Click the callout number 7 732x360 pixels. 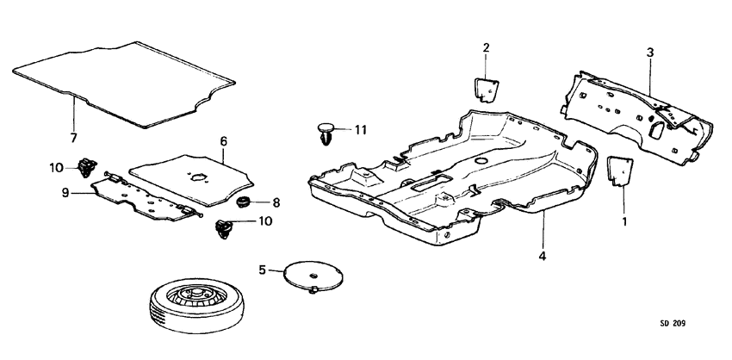tap(73, 138)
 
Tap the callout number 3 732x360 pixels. tap(650, 53)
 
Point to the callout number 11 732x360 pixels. tap(360, 130)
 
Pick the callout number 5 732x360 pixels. tap(263, 270)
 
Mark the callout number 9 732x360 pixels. tap(65, 193)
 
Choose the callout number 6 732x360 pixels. tap(222, 140)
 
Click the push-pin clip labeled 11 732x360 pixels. tap(326, 134)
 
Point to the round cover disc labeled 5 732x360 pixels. tap(313, 275)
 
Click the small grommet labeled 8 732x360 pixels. tap(243, 203)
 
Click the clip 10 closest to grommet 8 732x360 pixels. tap(224, 228)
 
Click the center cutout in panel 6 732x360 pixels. tap(199, 177)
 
